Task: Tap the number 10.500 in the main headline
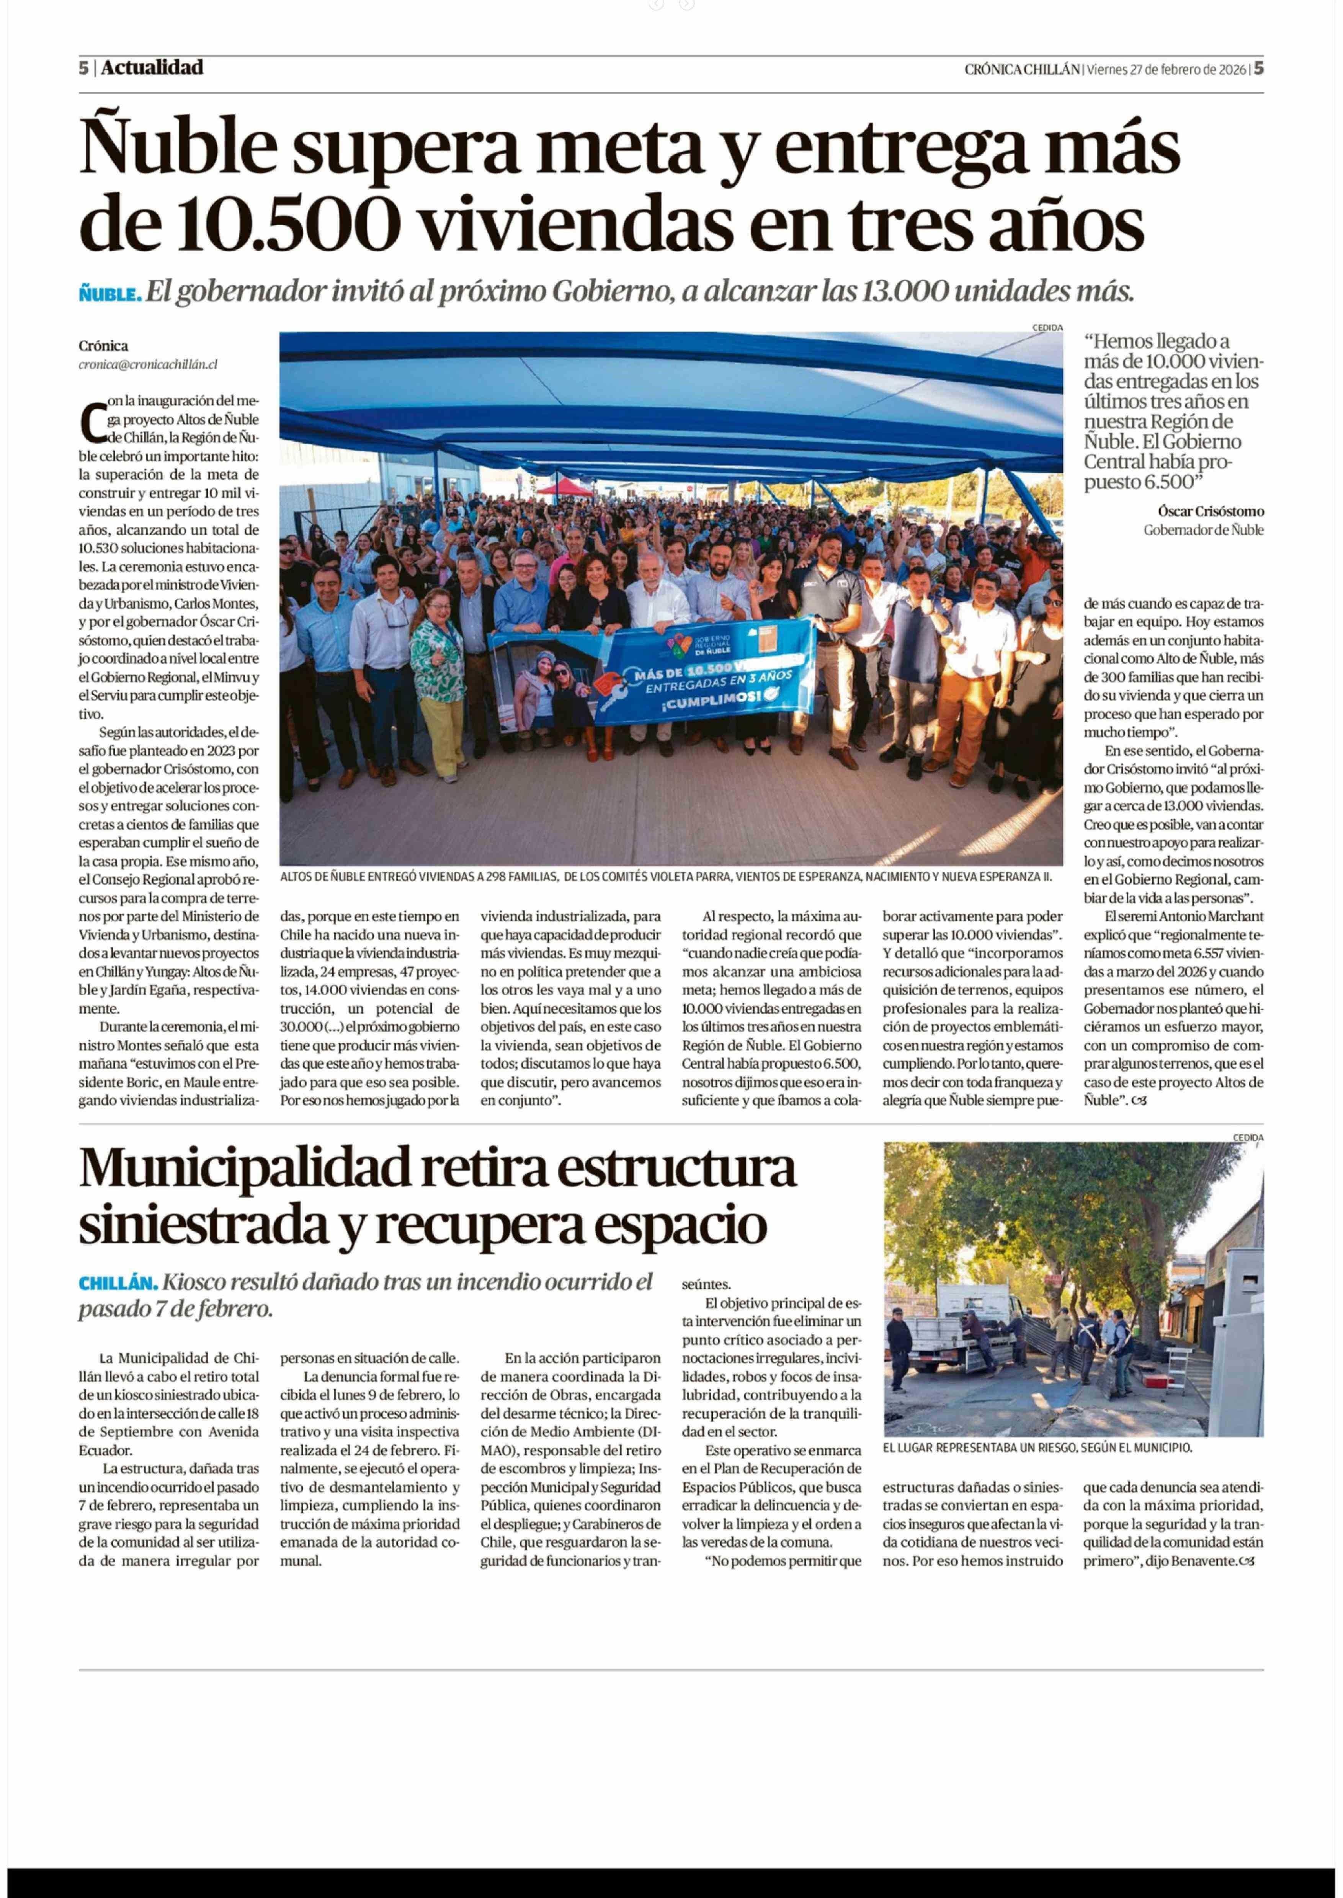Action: click(285, 225)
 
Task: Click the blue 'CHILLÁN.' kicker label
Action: click(118, 1283)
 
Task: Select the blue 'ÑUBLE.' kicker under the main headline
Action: click(110, 294)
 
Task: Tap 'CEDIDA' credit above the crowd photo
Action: click(1047, 327)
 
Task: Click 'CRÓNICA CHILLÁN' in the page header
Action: click(1022, 70)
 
